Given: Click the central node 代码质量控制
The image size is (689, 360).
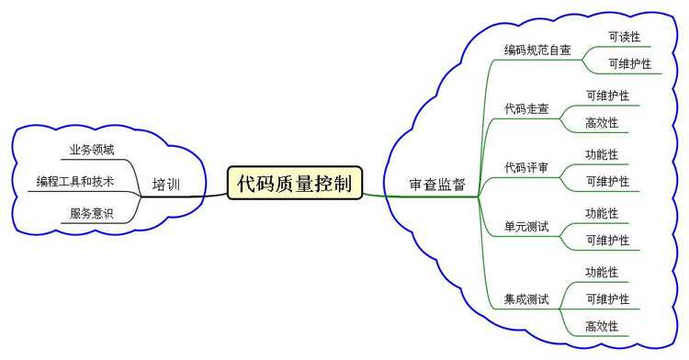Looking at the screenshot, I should (294, 182).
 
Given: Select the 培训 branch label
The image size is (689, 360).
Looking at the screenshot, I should (165, 186).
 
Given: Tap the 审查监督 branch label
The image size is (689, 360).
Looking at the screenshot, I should (437, 185).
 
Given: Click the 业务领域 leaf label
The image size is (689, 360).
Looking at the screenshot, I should (92, 149).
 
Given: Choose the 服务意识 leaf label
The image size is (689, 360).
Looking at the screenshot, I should (92, 213).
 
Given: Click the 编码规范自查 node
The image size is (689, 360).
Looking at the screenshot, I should (537, 50).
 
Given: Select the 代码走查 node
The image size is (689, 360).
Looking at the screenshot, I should (526, 108).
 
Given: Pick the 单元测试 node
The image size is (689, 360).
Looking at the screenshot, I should (526, 226).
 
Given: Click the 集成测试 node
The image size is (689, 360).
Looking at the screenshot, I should (526, 298).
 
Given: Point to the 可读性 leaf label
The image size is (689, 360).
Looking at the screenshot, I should (625, 37).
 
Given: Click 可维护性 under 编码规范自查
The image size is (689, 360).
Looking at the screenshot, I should (630, 63).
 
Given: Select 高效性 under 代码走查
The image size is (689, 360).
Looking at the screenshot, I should (602, 122).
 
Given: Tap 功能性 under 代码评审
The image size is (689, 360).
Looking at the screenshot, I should (602, 153).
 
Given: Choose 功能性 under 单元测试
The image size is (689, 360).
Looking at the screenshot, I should (602, 213).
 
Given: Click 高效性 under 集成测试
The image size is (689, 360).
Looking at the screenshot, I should (602, 326).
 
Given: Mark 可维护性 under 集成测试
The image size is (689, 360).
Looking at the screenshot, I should (607, 298).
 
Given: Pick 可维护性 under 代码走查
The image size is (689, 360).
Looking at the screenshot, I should (607, 95).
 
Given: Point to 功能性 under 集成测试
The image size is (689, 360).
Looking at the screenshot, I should (602, 272).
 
